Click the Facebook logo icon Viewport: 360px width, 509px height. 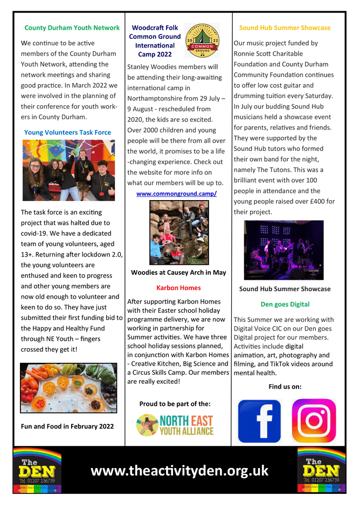259,421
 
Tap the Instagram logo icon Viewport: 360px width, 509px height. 314,421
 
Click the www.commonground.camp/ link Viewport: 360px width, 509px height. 176,193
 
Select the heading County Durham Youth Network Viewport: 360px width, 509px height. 72,27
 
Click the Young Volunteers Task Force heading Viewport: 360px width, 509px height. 67,132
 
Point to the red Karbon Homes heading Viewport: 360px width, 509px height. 178,287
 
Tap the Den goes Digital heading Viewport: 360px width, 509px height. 285,304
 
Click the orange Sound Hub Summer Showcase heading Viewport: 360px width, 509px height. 285,27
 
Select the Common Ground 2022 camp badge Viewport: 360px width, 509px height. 202,40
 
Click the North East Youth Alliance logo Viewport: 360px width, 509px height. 175,425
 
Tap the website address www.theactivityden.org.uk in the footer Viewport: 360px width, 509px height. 179,470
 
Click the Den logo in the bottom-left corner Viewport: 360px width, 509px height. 37,470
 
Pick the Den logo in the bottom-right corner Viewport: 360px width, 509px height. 321,470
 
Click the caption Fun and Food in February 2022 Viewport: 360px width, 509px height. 67,426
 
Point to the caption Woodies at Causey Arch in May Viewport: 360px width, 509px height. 178,272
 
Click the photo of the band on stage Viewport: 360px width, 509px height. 284,250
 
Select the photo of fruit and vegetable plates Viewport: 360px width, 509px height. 68,388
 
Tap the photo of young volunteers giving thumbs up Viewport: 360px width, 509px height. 68,170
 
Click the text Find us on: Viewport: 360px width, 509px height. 285,386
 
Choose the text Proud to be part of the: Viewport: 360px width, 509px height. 175,403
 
